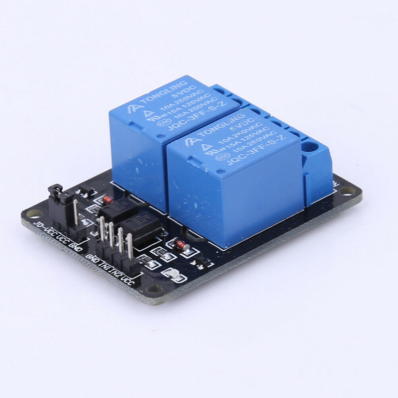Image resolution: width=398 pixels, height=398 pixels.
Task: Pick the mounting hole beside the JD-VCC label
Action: click(x=34, y=214)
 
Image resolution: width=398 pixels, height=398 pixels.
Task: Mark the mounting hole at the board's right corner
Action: click(x=348, y=191)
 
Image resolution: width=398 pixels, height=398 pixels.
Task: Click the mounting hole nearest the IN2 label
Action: click(x=154, y=289)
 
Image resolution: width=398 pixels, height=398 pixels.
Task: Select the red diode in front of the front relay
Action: click(x=182, y=244)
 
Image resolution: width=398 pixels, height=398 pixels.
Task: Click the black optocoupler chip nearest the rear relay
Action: click(x=118, y=209)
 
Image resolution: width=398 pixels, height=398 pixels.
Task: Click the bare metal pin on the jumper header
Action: click(x=75, y=211)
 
